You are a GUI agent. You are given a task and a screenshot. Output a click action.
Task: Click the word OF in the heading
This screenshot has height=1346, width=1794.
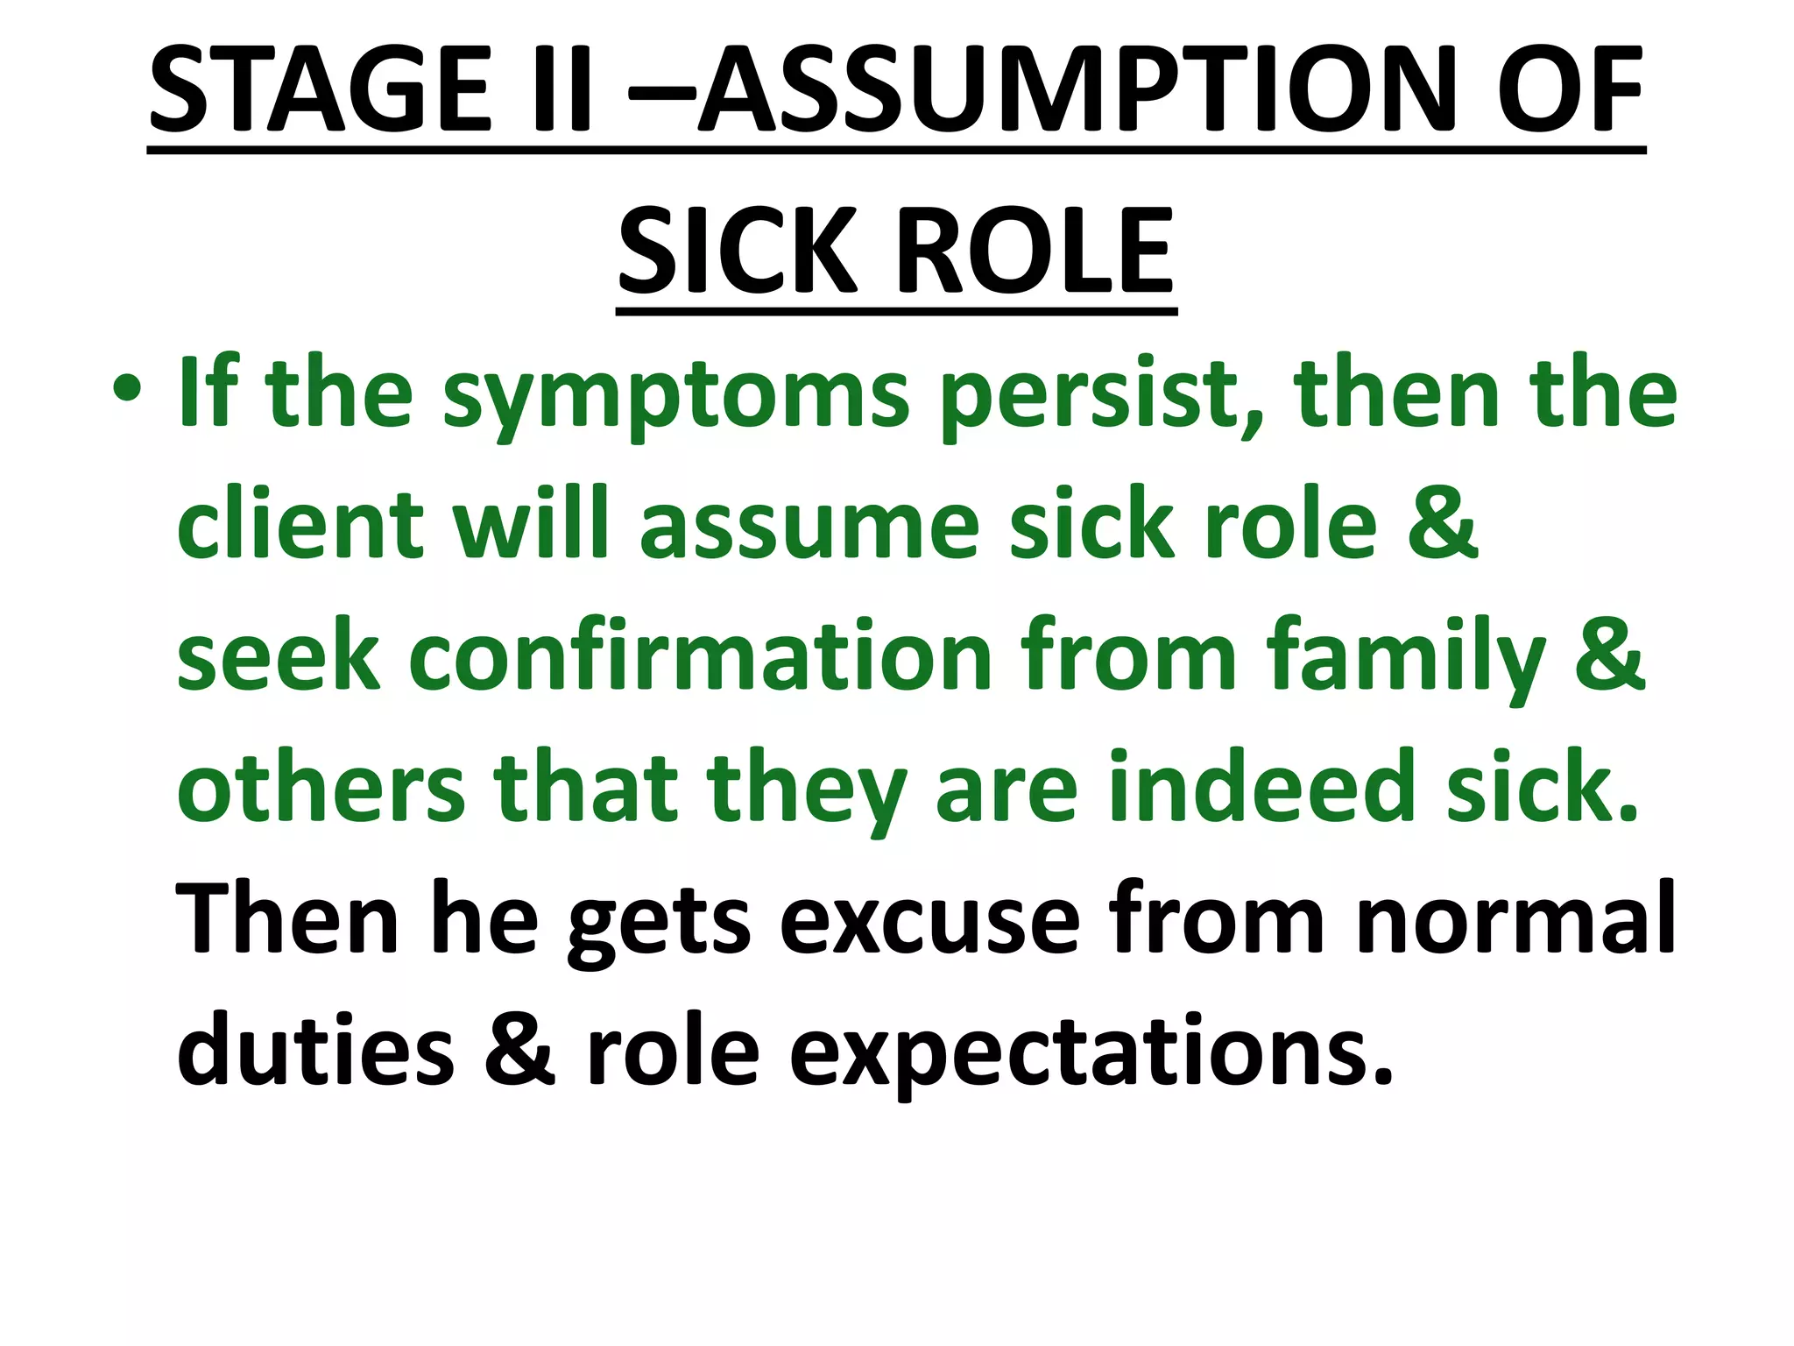pos(1568,91)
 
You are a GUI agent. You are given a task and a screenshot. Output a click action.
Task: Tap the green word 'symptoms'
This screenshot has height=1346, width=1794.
pos(675,400)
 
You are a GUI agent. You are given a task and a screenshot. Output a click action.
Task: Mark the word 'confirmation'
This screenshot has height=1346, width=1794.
pos(700,657)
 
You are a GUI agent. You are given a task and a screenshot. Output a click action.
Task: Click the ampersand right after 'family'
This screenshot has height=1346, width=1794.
pos(1610,654)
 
